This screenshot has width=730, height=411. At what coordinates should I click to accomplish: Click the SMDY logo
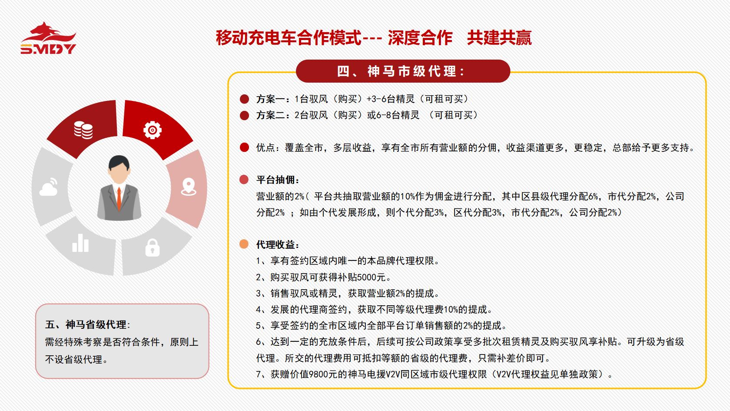click(48, 38)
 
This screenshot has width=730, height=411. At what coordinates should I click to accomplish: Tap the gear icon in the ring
click(153, 130)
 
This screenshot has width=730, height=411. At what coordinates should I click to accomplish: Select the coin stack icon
click(83, 130)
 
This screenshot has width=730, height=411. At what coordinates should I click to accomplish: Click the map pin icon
click(189, 187)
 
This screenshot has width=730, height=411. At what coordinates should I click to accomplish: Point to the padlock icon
click(152, 247)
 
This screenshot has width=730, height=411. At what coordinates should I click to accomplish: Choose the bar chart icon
click(80, 243)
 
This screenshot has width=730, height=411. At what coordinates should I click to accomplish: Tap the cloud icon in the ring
click(49, 187)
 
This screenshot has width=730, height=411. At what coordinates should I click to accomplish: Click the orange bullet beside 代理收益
click(244, 244)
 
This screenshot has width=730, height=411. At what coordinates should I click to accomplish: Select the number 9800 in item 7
click(319, 374)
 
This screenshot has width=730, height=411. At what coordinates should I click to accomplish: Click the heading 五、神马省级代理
click(86, 324)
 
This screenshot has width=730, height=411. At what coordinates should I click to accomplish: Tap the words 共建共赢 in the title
click(499, 38)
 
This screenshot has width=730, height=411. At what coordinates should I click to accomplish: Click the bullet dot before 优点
click(244, 147)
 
